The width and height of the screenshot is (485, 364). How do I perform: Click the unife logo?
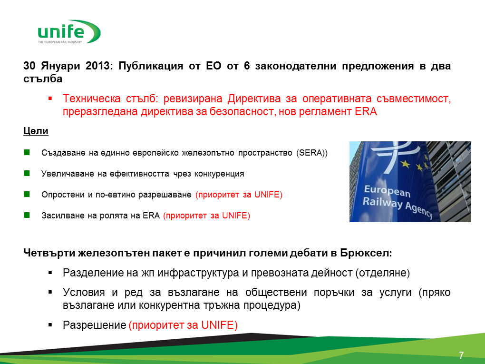pyautogui.click(x=69, y=31)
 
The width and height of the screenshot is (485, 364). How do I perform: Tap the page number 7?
pyautogui.click(x=461, y=355)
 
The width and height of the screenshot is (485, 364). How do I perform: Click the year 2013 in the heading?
pyautogui.click(x=97, y=66)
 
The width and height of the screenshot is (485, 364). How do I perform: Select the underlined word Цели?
pyautogui.click(x=36, y=131)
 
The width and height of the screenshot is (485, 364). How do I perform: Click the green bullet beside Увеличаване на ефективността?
pyautogui.click(x=27, y=173)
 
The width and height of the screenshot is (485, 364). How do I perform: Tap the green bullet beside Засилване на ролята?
pyautogui.click(x=27, y=215)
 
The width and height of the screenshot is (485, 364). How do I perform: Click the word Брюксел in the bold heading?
pyautogui.click(x=366, y=253)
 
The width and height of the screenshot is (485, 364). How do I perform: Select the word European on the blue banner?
pyautogui.click(x=387, y=191)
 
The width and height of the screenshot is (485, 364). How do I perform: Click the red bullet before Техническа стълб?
pyautogui.click(x=50, y=98)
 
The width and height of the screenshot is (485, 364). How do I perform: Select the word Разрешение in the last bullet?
pyautogui.click(x=94, y=325)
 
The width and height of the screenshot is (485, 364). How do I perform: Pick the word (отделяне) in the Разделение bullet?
pyautogui.click(x=383, y=273)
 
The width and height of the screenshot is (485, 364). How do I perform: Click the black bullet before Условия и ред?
pyautogui.click(x=50, y=292)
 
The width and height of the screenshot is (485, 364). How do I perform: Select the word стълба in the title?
pyautogui.click(x=43, y=79)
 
